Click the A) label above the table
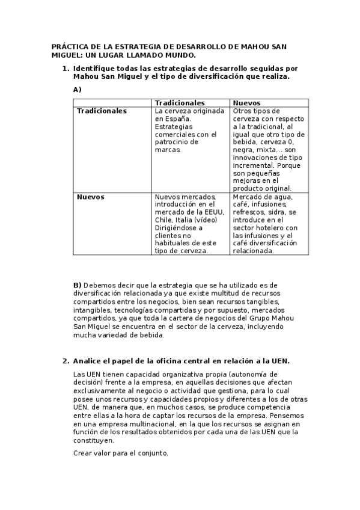pyautogui.click(x=77, y=89)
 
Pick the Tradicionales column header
pyautogui.click(x=180, y=103)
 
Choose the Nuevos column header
pyautogui.click(x=246, y=103)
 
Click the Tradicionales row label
pyautogui.click(x=102, y=111)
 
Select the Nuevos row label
pyautogui.click(x=90, y=197)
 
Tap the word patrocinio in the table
pyautogui.click(x=174, y=143)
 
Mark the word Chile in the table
pyautogui.click(x=165, y=220)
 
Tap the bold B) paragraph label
pyautogui.click(x=77, y=284)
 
